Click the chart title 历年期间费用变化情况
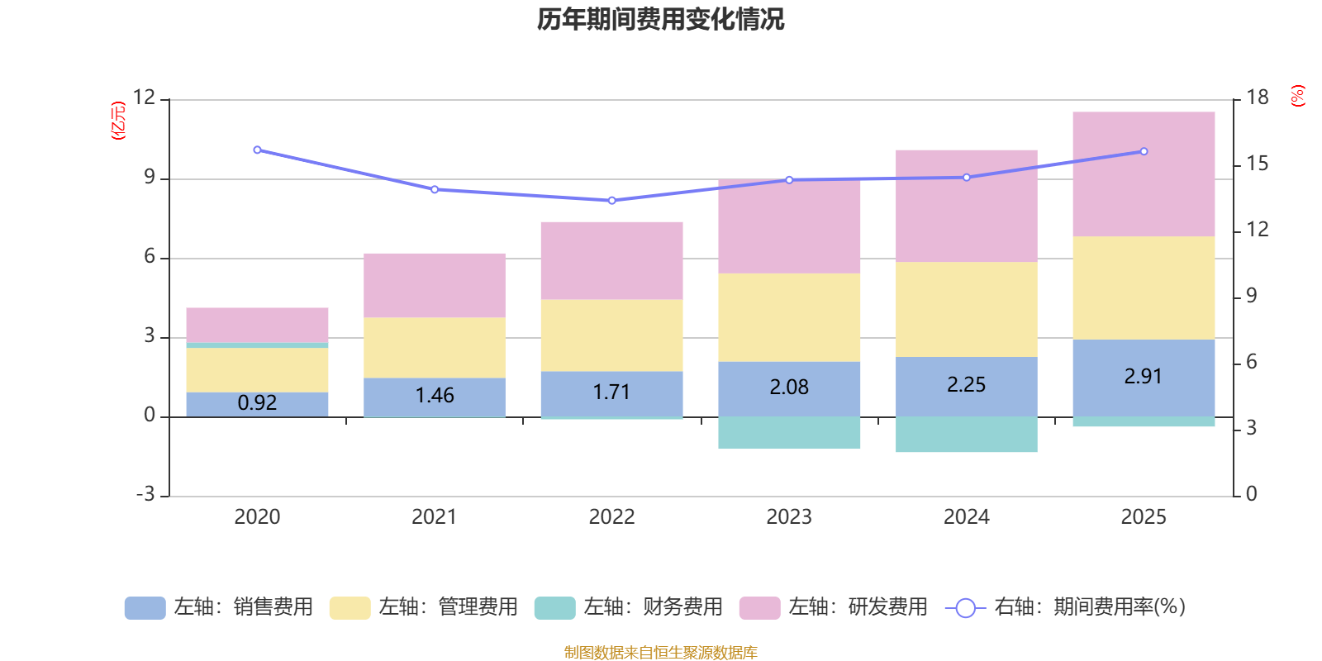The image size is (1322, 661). (660, 19)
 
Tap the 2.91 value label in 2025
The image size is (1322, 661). (1143, 377)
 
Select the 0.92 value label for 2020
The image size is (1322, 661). (257, 403)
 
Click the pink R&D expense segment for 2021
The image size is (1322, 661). (435, 285)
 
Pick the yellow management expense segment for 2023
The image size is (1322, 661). (789, 317)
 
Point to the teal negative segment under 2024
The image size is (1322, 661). (966, 435)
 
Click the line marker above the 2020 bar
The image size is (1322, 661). (257, 150)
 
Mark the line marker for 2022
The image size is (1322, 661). (611, 201)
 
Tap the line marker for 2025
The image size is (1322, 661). (1144, 152)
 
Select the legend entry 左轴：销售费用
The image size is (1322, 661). (219, 607)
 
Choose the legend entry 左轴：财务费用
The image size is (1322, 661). (629, 607)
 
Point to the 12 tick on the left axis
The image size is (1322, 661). (145, 97)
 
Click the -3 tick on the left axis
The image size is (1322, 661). (145, 494)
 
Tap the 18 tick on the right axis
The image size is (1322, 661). (1258, 97)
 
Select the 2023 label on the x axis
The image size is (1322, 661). (789, 517)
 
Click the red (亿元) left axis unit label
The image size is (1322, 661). (118, 121)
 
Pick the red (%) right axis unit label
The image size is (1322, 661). (1298, 96)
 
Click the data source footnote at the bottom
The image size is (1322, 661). (660, 653)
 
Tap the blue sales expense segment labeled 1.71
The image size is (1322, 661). (611, 393)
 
